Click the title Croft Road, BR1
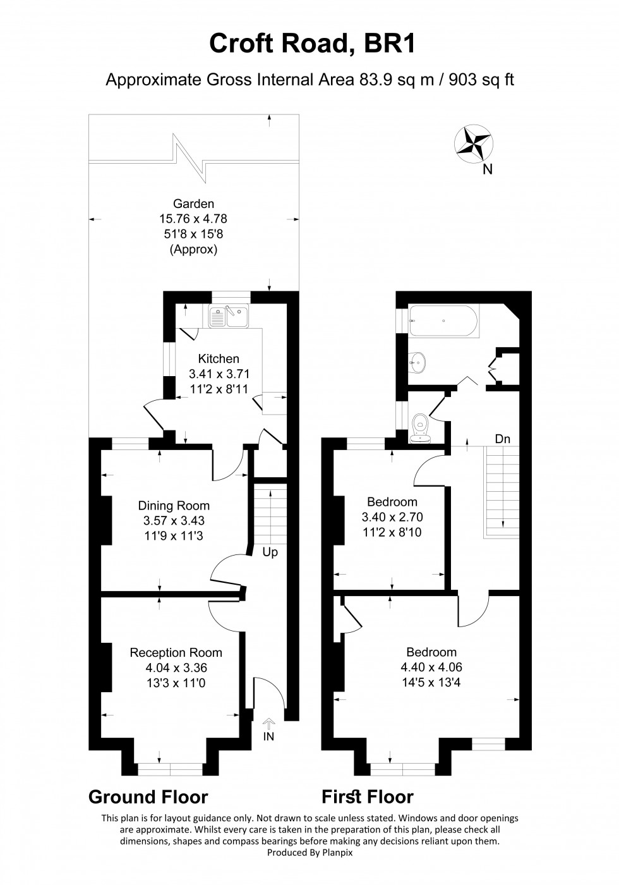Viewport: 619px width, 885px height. pyautogui.click(x=309, y=46)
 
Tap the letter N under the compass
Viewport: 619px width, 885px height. pyautogui.click(x=487, y=169)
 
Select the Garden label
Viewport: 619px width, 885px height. pyautogui.click(x=194, y=204)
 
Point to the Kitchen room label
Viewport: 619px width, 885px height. pyautogui.click(x=219, y=358)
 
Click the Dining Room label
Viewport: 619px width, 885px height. pyautogui.click(x=174, y=506)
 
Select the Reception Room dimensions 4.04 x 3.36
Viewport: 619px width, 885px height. pyautogui.click(x=176, y=668)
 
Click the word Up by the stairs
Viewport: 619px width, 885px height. pyautogui.click(x=270, y=552)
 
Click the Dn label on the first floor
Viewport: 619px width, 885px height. pyautogui.click(x=502, y=439)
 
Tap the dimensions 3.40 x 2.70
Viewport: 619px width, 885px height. pyautogui.click(x=392, y=517)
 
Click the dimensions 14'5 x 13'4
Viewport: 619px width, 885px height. pyautogui.click(x=431, y=682)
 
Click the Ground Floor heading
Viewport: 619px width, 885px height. pyautogui.click(x=148, y=796)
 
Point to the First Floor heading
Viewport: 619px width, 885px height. pyautogui.click(x=368, y=796)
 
